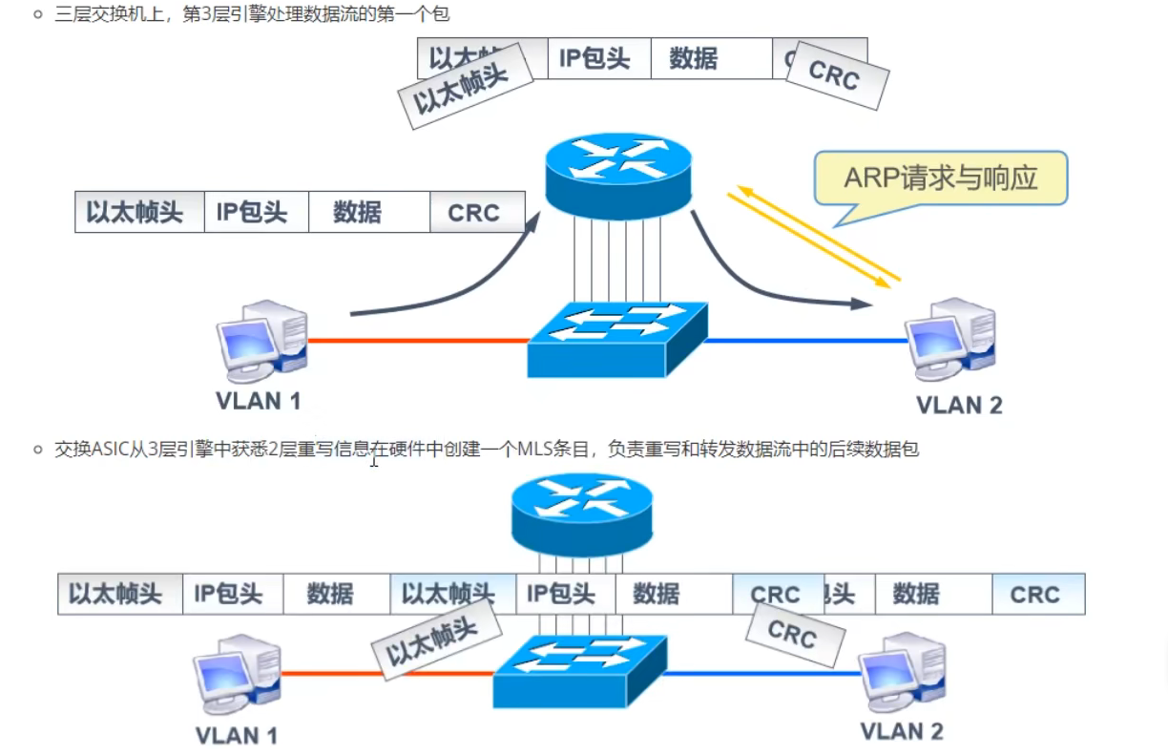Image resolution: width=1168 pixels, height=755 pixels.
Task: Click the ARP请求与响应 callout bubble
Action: pyautogui.click(x=940, y=178)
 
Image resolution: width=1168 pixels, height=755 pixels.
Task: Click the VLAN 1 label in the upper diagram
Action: pyautogui.click(x=258, y=401)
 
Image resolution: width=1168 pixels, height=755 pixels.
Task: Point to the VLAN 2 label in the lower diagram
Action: pyautogui.click(x=901, y=731)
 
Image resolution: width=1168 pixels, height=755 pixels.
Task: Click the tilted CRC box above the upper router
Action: pyautogui.click(x=834, y=75)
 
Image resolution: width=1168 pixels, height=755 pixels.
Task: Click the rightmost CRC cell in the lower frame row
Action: pyautogui.click(x=1034, y=595)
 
